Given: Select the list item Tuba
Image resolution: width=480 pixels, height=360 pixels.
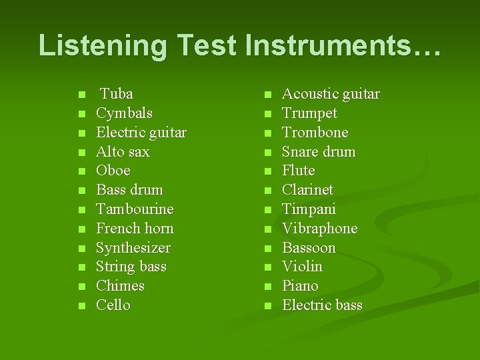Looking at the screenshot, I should coord(117,94).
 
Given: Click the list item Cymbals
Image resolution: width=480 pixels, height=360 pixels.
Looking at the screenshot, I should coord(124,113).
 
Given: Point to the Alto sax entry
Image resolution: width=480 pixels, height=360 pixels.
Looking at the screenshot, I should coord(123,152).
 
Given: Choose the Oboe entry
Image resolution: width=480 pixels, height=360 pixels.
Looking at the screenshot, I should coord(113,171).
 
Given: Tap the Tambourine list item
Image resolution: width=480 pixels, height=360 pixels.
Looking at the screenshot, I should coord(135,209).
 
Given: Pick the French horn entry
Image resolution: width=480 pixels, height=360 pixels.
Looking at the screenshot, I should coord(135,229).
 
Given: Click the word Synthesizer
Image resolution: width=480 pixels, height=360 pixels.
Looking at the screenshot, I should coord(133,248).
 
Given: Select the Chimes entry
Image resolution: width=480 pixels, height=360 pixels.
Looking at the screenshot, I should coord(120,286).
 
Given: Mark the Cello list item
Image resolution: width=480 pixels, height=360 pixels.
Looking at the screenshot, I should coord(113,305).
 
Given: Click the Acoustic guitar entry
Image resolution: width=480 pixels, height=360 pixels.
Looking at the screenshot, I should coord(331,94).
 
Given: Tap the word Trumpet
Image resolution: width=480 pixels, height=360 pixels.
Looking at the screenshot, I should coord(309,113).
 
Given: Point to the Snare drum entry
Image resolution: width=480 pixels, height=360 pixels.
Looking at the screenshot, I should coord(319,152).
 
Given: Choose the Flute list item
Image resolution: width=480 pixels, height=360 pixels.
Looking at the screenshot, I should coord(298,171).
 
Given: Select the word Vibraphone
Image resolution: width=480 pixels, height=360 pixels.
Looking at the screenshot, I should coord(319,229).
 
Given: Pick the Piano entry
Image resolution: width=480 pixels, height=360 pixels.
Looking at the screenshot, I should coord(300,286).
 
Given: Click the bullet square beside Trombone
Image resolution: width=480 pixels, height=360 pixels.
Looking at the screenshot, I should coord(267,133).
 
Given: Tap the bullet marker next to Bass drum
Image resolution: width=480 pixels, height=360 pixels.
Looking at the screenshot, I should coord(81,191).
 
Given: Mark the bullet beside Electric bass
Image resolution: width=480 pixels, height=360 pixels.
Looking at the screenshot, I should coord(267,307).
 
